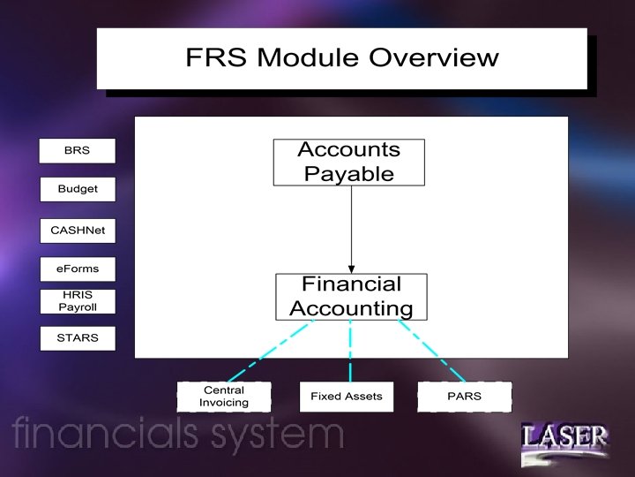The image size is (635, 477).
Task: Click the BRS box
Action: point(77,151)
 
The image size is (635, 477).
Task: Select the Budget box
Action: point(77,189)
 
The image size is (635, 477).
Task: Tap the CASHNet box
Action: point(77,230)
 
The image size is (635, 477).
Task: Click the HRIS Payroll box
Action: point(77,301)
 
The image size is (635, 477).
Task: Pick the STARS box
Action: point(77,337)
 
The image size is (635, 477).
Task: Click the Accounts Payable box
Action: point(348,162)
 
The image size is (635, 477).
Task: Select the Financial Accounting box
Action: point(351,296)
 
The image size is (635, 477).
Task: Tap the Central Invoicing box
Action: point(223,396)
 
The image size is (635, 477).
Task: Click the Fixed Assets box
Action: point(346,396)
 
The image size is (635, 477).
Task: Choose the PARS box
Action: point(464,396)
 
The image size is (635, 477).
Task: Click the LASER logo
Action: point(564,439)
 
